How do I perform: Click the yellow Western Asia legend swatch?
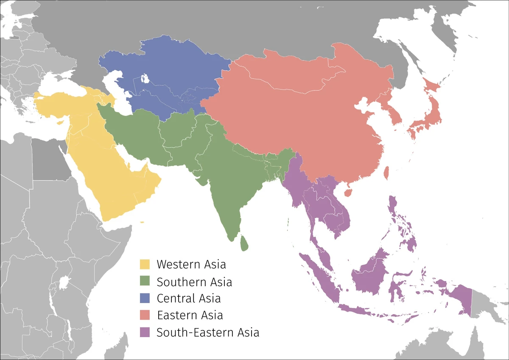point(145,264)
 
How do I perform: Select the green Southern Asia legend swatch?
point(145,281)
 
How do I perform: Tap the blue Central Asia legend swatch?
point(145,298)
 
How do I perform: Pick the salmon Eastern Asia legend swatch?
point(145,315)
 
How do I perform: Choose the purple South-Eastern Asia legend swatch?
point(145,332)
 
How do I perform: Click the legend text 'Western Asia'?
point(191,264)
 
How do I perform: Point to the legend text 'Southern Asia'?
point(194,281)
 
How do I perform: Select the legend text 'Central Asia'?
point(189,298)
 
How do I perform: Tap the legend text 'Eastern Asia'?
point(190,315)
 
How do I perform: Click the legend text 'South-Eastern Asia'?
point(208,332)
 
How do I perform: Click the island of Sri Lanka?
point(244,243)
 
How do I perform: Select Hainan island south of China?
point(348,193)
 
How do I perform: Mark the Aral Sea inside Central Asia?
point(145,79)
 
